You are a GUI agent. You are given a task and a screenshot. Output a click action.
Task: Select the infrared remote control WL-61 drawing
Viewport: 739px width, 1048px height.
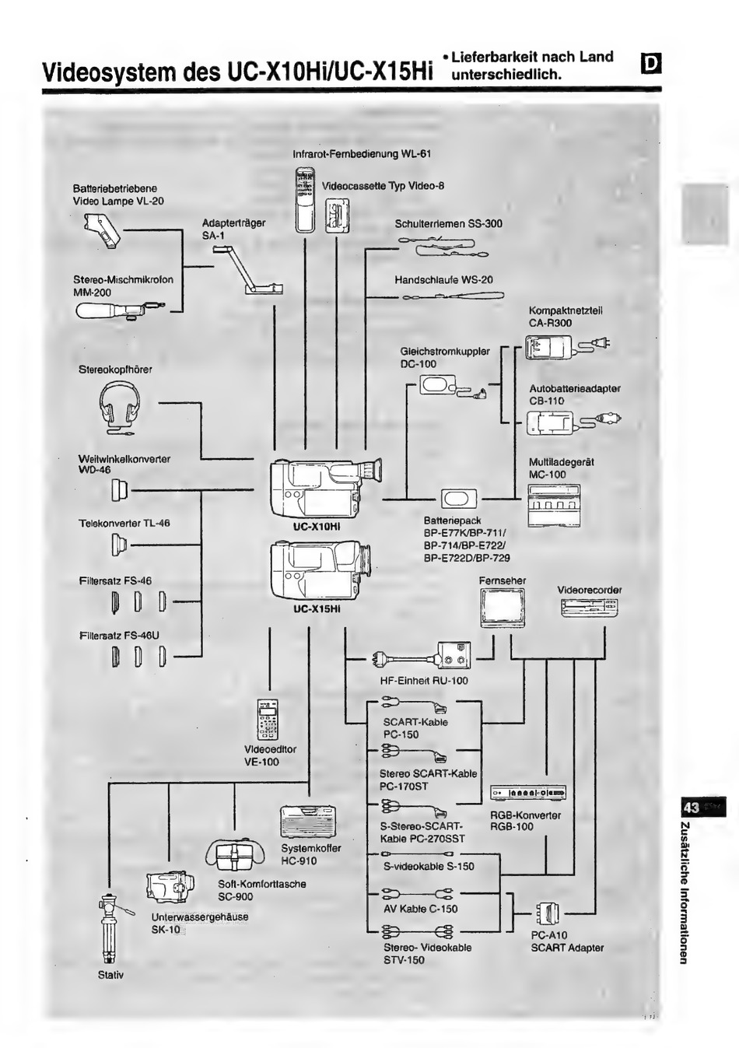[303, 200]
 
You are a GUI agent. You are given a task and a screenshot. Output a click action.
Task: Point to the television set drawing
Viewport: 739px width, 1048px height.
[502, 607]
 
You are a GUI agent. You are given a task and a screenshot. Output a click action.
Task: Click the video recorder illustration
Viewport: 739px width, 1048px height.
[589, 608]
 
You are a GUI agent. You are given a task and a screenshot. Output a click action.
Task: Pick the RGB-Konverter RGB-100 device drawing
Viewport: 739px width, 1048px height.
[528, 792]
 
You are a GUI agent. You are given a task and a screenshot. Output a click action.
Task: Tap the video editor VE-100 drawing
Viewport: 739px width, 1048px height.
[268, 719]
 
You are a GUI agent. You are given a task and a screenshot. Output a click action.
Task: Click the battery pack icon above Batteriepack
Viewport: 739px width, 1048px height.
[459, 499]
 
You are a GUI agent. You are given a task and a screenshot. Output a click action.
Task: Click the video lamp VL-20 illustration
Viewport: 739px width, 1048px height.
[102, 230]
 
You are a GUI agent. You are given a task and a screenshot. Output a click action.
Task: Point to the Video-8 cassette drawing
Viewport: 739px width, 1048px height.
[337, 213]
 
